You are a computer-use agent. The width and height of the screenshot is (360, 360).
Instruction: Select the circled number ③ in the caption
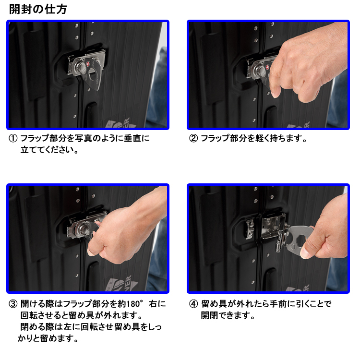tap(13, 304)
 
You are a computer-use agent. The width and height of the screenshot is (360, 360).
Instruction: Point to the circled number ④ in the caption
tap(193, 304)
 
